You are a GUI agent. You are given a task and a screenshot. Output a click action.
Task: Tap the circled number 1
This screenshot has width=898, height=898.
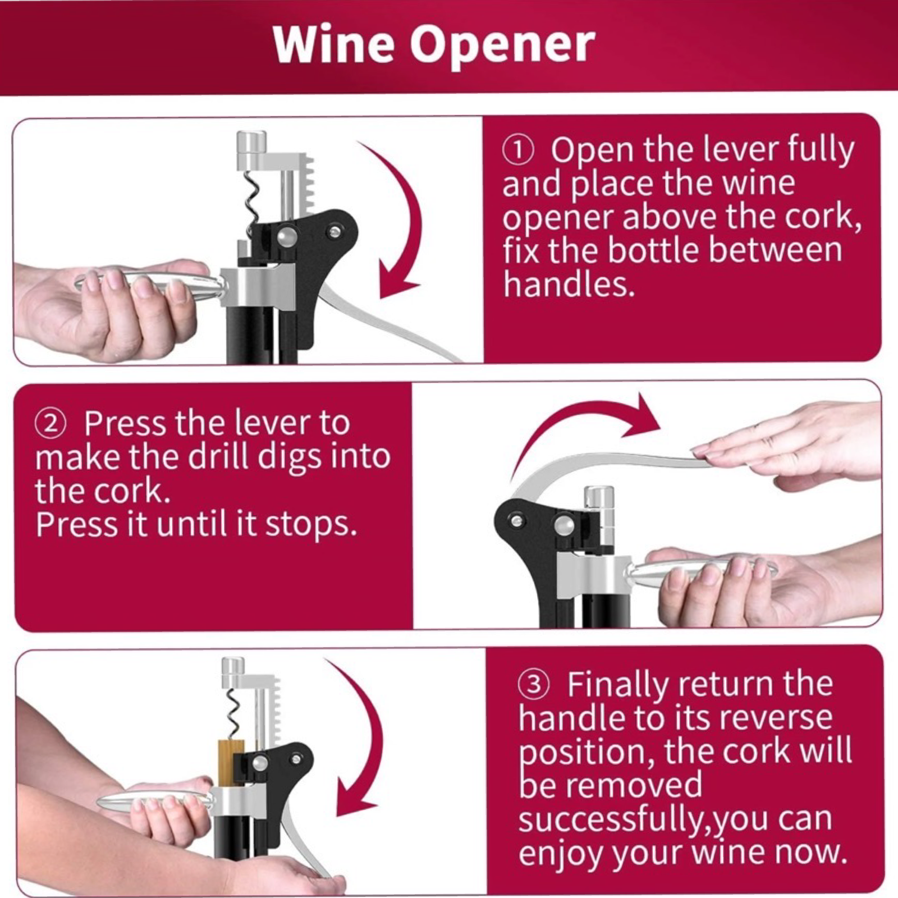coord(517,151)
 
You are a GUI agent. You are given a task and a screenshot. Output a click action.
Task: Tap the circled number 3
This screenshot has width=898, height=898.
coord(534,685)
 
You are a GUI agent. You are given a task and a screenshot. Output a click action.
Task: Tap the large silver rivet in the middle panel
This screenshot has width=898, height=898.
coord(563,525)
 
